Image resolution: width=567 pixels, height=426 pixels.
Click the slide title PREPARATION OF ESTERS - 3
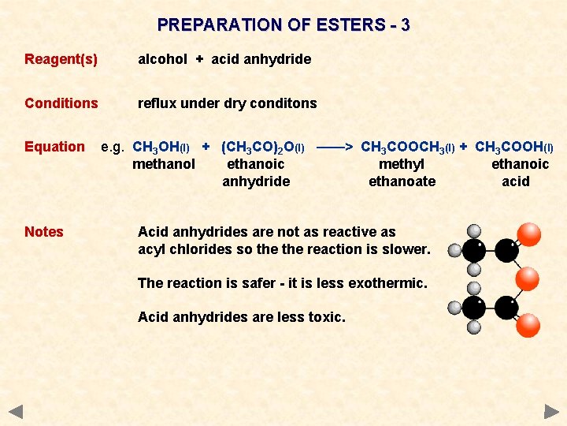[283, 24]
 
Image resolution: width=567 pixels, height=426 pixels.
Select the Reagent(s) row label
[61, 59]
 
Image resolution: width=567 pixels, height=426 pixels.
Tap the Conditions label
[61, 103]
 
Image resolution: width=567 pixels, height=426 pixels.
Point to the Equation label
[54, 147]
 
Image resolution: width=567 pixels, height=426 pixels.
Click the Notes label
[44, 232]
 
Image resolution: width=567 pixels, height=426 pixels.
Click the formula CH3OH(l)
[161, 147]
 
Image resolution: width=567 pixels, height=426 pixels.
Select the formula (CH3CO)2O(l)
[263, 147]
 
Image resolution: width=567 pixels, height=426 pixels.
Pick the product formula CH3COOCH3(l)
[407, 147]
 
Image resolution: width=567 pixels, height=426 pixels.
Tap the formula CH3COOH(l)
[514, 147]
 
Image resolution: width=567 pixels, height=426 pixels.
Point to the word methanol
[164, 164]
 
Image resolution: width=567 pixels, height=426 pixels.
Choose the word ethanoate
[402, 181]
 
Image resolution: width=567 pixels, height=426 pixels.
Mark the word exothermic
[387, 282]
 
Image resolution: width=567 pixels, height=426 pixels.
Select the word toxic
[327, 317]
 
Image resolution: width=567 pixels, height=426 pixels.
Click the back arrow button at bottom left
[16, 411]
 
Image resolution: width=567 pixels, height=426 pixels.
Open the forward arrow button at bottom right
[551, 411]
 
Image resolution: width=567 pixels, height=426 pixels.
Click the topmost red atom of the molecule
[528, 234]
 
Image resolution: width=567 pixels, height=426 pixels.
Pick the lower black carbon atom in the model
[474, 307]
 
